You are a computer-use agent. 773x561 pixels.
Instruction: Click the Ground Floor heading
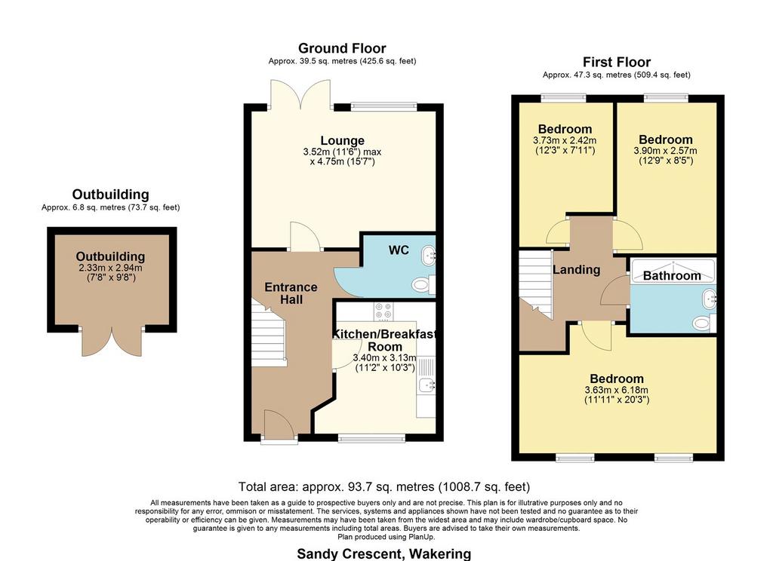[x=342, y=48]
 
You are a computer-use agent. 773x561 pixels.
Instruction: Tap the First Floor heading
[x=617, y=62]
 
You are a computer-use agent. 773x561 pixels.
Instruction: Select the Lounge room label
[x=343, y=140]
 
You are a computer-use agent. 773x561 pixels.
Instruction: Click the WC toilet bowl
[x=421, y=284]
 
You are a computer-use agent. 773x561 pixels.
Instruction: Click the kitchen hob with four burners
[x=383, y=311]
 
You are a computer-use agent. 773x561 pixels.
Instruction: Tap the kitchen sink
[x=426, y=384]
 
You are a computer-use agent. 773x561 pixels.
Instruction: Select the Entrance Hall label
[x=291, y=293]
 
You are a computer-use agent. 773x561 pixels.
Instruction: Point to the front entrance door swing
[x=280, y=424]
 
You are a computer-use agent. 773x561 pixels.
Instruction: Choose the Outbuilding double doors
[x=112, y=341]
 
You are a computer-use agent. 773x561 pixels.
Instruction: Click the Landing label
[x=576, y=269]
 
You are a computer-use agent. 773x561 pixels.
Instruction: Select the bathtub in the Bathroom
[x=673, y=271]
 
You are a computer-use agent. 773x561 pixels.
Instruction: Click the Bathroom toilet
[x=702, y=323]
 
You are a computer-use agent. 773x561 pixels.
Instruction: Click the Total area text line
[x=384, y=487]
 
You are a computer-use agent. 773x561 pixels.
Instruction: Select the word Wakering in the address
[x=440, y=554]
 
